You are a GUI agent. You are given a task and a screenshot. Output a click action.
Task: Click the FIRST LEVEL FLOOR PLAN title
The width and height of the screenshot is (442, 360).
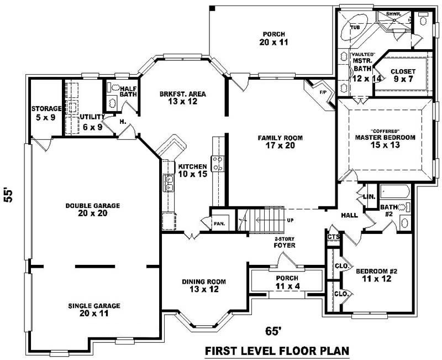tap(277, 351)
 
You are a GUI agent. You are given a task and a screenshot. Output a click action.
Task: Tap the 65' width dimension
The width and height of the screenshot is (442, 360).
tap(273, 331)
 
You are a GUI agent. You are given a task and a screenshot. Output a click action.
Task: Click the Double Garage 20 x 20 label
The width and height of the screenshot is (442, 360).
tap(92, 210)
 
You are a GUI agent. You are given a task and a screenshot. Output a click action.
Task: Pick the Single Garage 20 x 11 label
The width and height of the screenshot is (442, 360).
tap(94, 309)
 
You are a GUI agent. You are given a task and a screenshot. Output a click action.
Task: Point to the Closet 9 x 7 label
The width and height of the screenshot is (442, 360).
tap(403, 75)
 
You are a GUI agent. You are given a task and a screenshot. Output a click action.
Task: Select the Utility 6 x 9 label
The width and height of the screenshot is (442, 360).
tap(91, 122)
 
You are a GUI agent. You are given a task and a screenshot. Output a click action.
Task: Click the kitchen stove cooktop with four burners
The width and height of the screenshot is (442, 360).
tap(218, 164)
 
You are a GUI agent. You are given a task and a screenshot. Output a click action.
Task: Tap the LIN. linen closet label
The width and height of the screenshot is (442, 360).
tap(369, 196)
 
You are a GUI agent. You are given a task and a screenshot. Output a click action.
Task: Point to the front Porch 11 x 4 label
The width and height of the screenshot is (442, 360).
tap(286, 281)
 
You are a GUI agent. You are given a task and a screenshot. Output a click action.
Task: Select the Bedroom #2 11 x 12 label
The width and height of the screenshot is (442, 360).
tap(377, 275)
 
